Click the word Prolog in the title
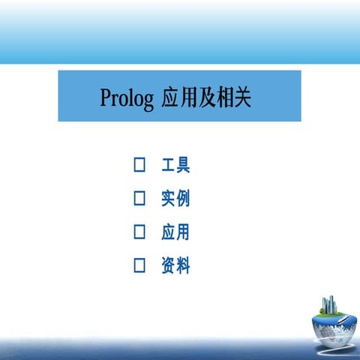pyautogui.click(x=126, y=98)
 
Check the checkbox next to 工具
pyautogui.click(x=139, y=165)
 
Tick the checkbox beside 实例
pyautogui.click(x=139, y=199)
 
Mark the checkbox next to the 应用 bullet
pyautogui.click(x=139, y=232)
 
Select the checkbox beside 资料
pyautogui.click(x=139, y=265)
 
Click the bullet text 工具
pyautogui.click(x=175, y=165)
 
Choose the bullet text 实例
pyautogui.click(x=175, y=199)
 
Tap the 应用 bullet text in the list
pyautogui.click(x=175, y=232)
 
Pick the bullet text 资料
pyautogui.click(x=175, y=265)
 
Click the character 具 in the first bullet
pyautogui.click(x=183, y=165)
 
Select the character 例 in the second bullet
pyautogui.click(x=183, y=199)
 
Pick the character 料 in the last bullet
pyautogui.click(x=183, y=265)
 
